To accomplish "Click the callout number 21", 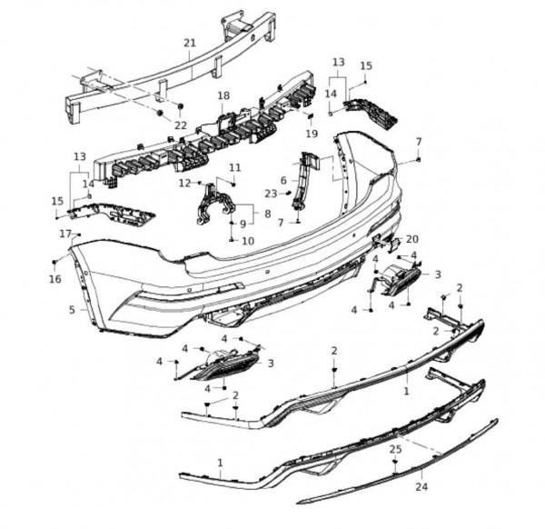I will [x=189, y=43].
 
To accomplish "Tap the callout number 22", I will [x=180, y=125].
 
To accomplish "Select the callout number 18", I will [x=223, y=95].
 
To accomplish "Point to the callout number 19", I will [x=312, y=134].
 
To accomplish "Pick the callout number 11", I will [x=235, y=167].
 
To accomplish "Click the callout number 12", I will [x=185, y=183].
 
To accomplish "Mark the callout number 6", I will [x=283, y=180].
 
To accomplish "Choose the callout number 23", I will [x=270, y=194].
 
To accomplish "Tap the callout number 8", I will [x=267, y=215].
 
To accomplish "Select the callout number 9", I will [x=242, y=224].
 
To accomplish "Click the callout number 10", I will [x=249, y=241].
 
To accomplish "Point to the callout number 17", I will [x=65, y=234].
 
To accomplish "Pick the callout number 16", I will [x=55, y=279].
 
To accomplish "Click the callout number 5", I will [x=72, y=310].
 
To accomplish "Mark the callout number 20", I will [x=411, y=239].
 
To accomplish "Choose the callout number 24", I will [x=421, y=486].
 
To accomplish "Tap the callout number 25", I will [x=394, y=449].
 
